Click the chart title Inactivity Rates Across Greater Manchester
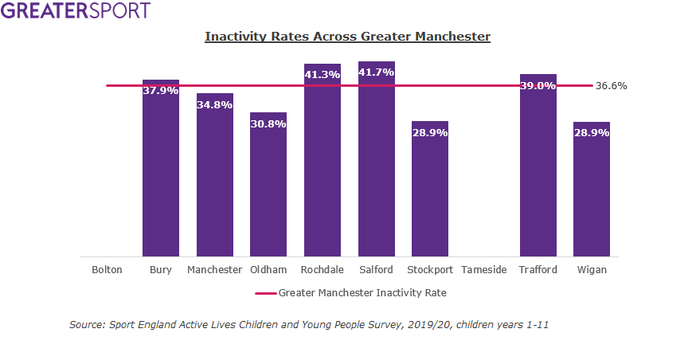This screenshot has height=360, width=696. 347,37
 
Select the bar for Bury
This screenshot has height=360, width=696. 161,175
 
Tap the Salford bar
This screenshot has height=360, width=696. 377,167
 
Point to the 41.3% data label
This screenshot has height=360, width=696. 323,74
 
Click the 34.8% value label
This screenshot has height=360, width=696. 215,104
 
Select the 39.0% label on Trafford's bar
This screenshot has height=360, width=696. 538,85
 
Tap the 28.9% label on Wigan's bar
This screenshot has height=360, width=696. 592,132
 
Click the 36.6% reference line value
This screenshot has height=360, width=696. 611,86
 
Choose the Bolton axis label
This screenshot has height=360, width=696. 107,270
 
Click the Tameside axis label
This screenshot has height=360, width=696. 484,270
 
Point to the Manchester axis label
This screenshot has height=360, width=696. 215,270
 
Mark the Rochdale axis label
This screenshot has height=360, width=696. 323,270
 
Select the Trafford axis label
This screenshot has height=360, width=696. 538,270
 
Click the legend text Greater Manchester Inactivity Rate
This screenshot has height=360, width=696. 362,293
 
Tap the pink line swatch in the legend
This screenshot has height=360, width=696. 265,293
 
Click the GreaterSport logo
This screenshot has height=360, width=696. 76,11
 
